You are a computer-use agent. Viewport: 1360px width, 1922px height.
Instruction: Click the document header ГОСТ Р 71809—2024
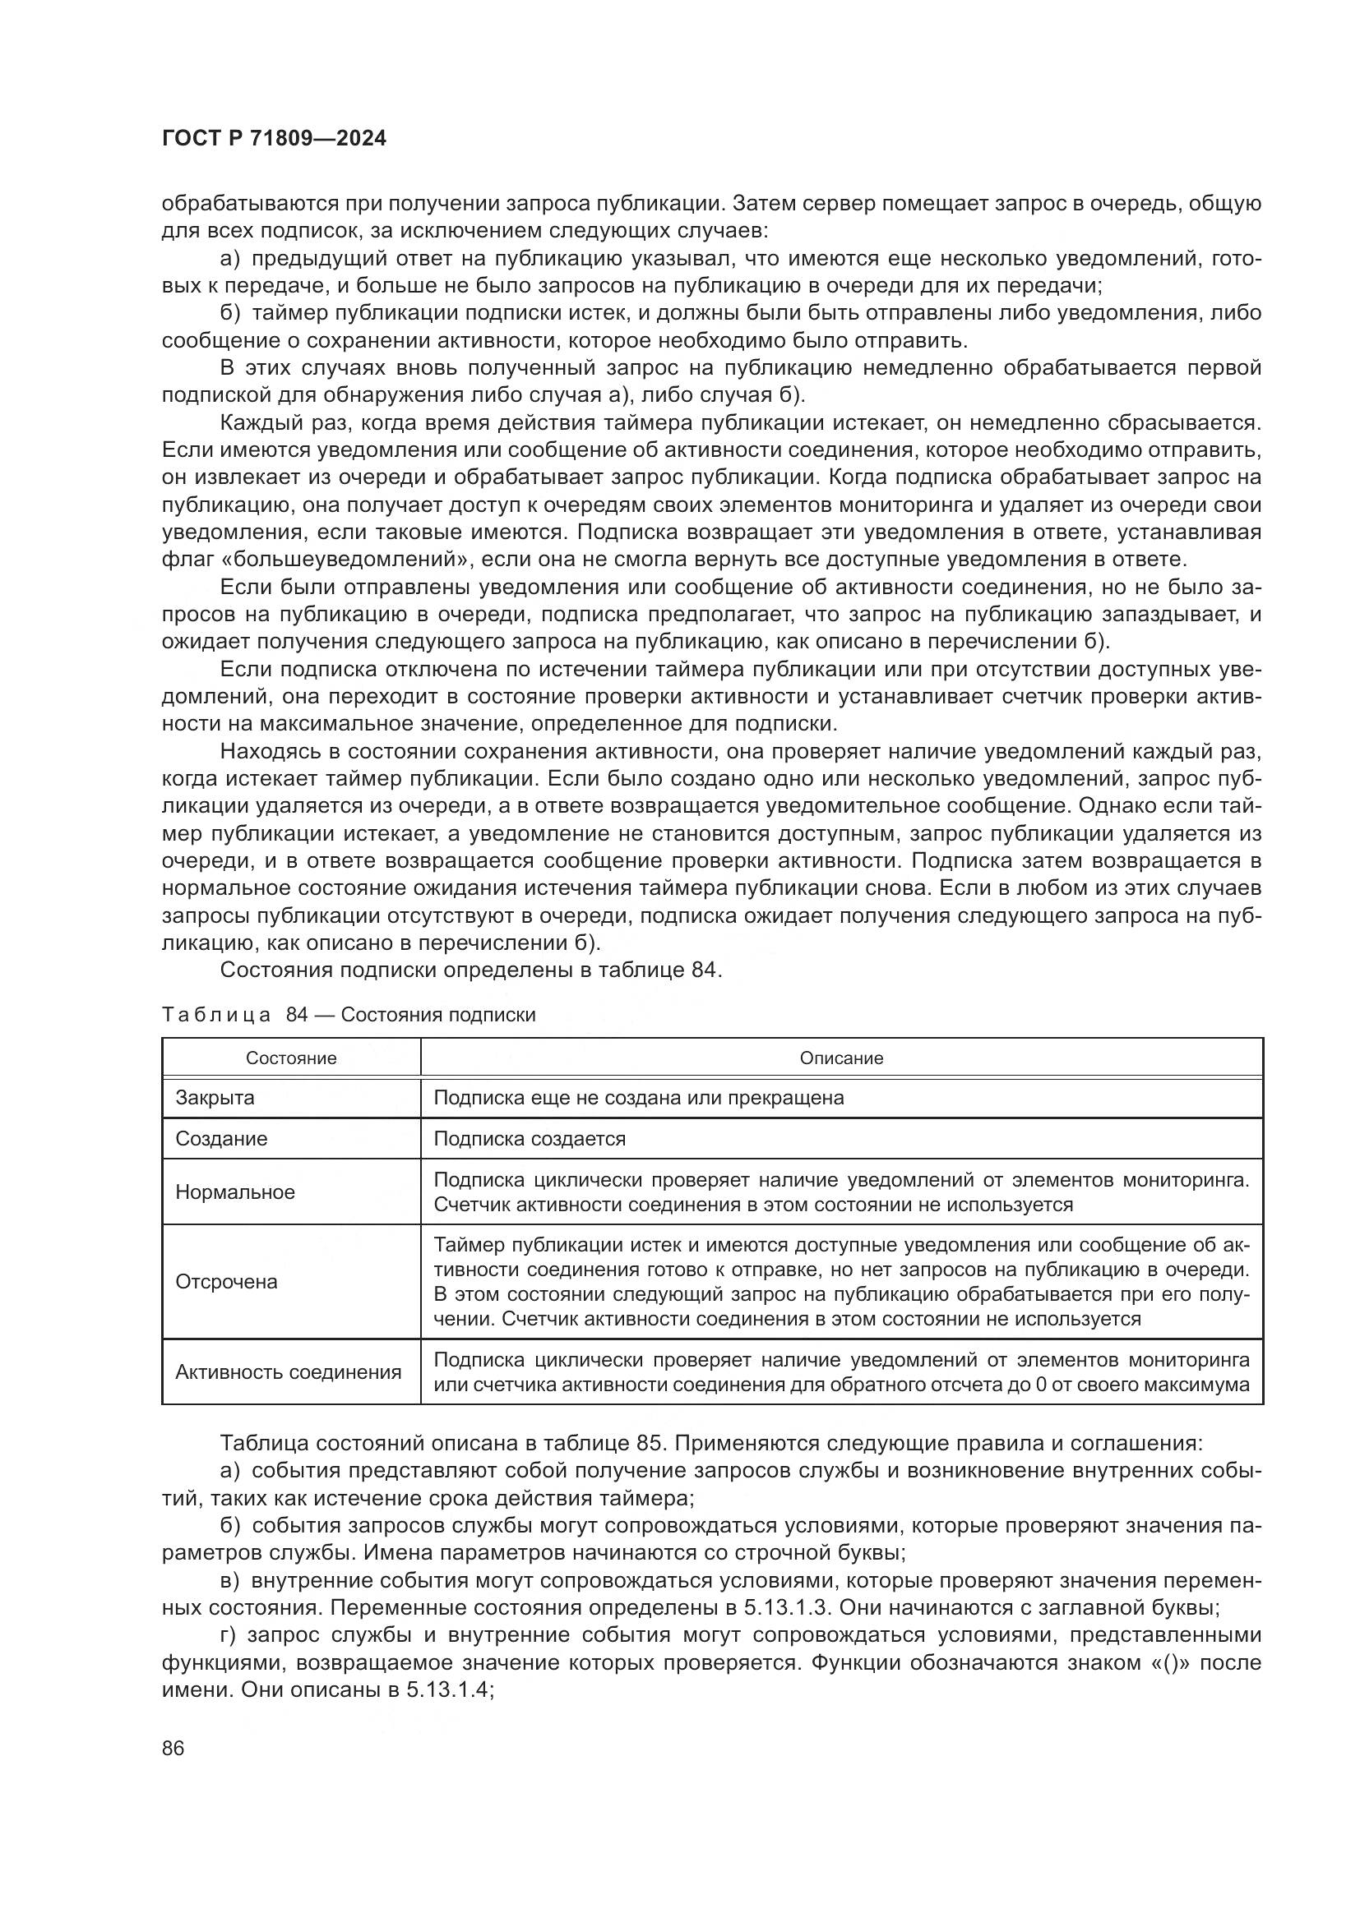click(274, 139)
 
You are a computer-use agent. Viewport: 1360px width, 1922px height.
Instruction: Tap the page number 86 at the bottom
click(173, 1748)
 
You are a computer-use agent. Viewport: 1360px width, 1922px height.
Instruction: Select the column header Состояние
click(290, 1058)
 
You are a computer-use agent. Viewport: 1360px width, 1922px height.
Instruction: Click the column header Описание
click(841, 1058)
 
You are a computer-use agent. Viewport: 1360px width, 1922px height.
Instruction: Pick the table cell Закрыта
click(215, 1098)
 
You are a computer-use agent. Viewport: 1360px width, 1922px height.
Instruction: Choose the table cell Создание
click(221, 1138)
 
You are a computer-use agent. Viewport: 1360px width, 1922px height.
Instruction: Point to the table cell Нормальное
click(234, 1192)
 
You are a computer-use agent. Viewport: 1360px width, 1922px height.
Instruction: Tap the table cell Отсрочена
click(226, 1282)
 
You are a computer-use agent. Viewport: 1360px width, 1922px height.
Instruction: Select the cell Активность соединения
click(288, 1372)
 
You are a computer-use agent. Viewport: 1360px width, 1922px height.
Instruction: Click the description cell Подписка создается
click(530, 1138)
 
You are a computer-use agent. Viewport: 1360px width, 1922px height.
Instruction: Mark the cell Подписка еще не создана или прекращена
click(638, 1098)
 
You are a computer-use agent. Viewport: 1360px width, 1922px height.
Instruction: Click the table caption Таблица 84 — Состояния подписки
click(349, 1015)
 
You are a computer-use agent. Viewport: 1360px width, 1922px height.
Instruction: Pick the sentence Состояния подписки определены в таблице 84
click(470, 970)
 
